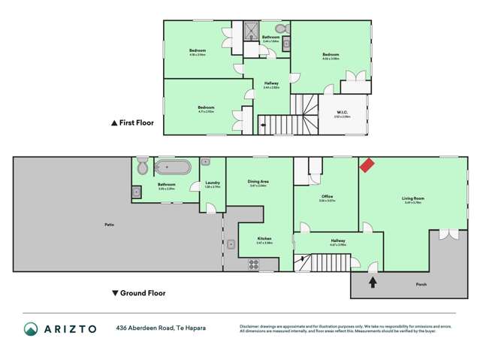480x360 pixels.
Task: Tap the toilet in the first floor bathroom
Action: pyautogui.click(x=280, y=29)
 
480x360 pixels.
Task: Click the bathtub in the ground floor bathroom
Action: pyautogui.click(x=172, y=167)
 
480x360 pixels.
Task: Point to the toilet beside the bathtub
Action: pyautogui.click(x=142, y=167)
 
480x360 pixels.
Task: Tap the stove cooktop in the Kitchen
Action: pyautogui.click(x=253, y=264)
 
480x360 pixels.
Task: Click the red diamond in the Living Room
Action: pyautogui.click(x=367, y=165)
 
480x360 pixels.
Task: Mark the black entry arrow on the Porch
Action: pyautogui.click(x=373, y=282)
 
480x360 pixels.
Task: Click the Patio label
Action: pyautogui.click(x=110, y=225)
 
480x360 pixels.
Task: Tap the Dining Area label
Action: pyautogui.click(x=258, y=181)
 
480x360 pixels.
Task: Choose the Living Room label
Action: pyautogui.click(x=412, y=198)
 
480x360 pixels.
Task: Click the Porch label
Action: pyautogui.click(x=421, y=284)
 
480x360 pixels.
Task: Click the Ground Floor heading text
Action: pyautogui.click(x=143, y=293)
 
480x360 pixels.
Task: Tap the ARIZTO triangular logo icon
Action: pyautogui.click(x=31, y=328)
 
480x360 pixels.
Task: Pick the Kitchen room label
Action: pyautogui.click(x=264, y=241)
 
